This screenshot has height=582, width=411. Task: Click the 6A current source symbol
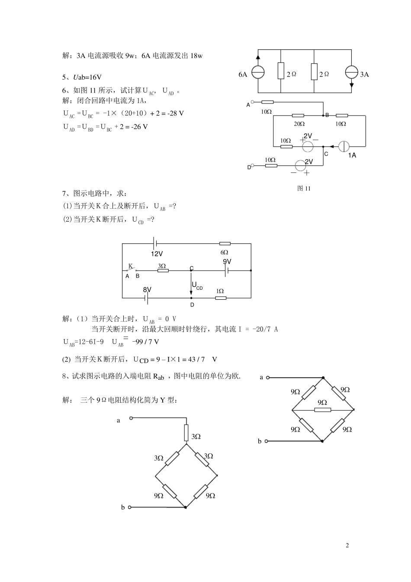point(258,72)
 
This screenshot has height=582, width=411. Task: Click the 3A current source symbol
point(351,72)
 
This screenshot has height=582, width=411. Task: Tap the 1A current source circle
point(344,146)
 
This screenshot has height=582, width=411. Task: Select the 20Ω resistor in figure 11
point(298,116)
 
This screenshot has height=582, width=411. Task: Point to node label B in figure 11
point(328,115)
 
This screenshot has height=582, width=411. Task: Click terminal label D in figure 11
point(249,167)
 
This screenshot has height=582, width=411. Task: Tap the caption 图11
point(304,188)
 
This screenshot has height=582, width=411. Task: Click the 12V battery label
point(157,254)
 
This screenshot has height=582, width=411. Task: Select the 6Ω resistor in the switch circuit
point(225,244)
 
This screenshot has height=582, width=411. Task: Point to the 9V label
point(227,262)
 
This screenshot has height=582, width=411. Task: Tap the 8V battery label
point(147,289)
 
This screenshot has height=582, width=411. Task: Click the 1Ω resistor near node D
point(220,298)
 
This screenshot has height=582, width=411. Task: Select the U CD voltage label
point(197,286)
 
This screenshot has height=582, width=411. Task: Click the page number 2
point(347,545)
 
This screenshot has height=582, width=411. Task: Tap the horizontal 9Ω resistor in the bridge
point(323,409)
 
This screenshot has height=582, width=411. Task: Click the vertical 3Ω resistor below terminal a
point(186,432)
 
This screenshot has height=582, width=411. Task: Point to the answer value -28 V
point(175,113)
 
